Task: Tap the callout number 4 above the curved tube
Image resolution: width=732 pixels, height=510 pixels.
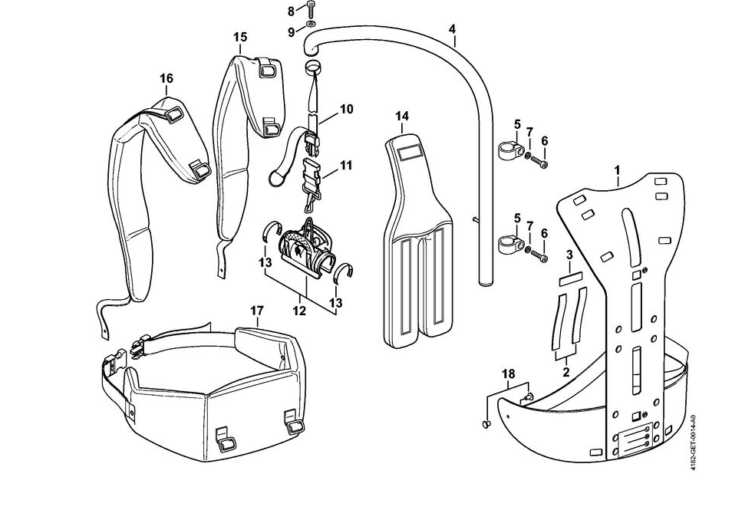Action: [452, 29]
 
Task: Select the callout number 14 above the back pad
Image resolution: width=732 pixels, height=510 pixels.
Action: [402, 116]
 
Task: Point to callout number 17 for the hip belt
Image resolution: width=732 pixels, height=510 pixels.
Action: [257, 311]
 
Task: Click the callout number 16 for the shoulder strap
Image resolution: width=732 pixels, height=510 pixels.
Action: [167, 78]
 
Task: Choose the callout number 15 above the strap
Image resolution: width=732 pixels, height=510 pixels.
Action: [240, 37]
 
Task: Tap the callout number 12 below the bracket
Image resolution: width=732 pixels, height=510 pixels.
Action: [299, 311]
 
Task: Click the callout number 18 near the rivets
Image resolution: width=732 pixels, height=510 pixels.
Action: [509, 373]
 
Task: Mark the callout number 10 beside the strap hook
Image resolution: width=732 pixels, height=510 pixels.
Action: [346, 109]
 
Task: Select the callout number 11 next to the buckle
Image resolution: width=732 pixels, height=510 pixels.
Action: [346, 165]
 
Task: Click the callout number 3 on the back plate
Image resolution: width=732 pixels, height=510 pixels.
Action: [569, 254]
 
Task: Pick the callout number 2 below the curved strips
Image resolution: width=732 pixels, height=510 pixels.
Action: [566, 371]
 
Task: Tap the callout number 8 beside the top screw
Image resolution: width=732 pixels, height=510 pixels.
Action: [291, 11]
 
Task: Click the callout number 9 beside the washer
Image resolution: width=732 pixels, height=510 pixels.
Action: [291, 31]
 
